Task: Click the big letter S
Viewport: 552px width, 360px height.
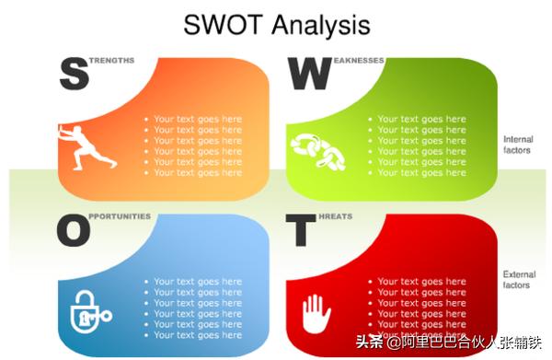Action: pos(74,73)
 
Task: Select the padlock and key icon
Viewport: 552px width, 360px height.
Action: pos(88,309)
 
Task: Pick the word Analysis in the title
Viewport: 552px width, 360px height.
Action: pos(321,26)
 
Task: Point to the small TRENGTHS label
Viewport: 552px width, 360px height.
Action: pos(112,61)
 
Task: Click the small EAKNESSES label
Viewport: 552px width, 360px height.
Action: pos(353,61)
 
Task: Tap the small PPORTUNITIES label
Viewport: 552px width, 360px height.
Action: pos(121,217)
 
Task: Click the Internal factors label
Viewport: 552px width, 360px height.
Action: pos(517,145)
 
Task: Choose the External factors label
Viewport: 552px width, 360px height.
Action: pos(517,280)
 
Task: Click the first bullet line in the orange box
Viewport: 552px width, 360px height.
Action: pos(198,119)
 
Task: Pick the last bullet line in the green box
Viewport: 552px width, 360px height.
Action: pos(421,173)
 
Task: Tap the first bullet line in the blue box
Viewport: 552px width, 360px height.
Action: pos(198,282)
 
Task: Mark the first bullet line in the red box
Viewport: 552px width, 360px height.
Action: pos(421,282)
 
